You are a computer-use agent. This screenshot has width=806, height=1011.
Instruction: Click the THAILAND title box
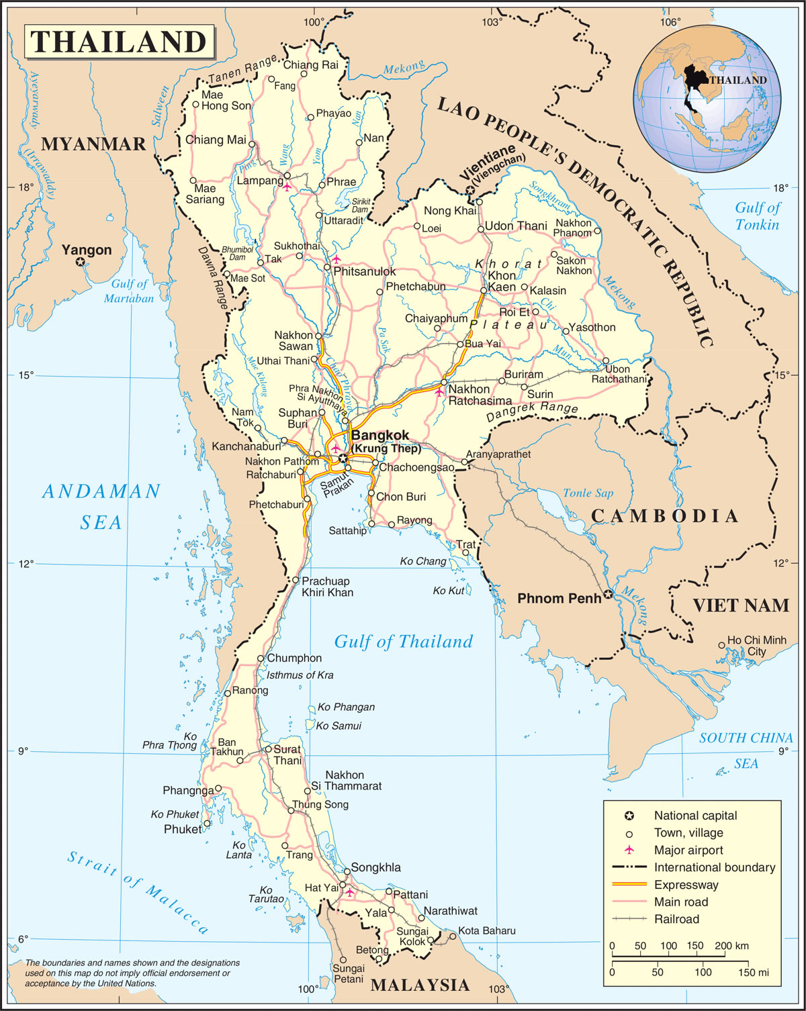[x=120, y=41]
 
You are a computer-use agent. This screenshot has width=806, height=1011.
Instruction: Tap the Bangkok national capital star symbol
[x=343, y=459]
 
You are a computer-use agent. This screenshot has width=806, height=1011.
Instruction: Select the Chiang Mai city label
[x=216, y=140]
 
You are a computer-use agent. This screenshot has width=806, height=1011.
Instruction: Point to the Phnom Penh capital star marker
[x=608, y=594]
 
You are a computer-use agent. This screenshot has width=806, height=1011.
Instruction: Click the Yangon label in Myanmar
[x=87, y=250]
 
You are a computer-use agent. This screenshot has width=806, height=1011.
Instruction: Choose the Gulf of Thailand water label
[x=403, y=642]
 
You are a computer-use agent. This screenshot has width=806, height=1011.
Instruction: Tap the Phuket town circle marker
[x=207, y=823]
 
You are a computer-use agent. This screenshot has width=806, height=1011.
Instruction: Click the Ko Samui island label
[x=339, y=726]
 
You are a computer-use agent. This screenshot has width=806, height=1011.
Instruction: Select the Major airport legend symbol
[x=629, y=850]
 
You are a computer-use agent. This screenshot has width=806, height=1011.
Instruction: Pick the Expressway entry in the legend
[x=686, y=885]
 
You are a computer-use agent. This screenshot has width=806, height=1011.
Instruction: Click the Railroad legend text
[x=676, y=919]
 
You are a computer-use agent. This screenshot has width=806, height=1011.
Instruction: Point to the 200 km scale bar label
[x=731, y=946]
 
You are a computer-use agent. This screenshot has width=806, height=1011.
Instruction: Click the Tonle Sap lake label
[x=588, y=493]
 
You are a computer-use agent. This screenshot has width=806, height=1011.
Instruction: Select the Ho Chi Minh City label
[x=756, y=645]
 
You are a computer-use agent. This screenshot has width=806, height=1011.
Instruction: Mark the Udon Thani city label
[x=516, y=226]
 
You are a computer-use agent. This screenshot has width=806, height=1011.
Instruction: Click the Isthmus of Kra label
[x=300, y=675]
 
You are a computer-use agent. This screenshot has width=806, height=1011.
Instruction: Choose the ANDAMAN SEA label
[x=101, y=507]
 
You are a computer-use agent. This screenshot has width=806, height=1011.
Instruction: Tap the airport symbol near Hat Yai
[x=349, y=892]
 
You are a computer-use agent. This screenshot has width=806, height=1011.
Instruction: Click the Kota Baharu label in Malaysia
[x=486, y=930]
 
